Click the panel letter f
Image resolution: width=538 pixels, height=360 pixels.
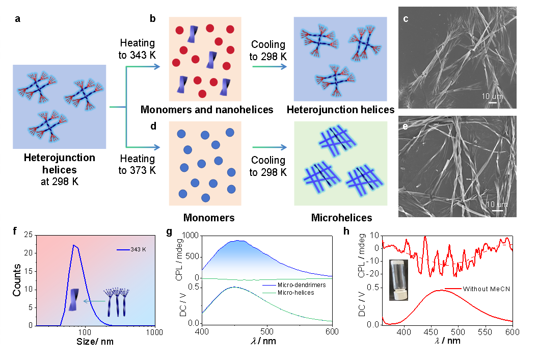point(15,231)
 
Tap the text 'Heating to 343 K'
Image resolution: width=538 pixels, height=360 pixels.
point(137,49)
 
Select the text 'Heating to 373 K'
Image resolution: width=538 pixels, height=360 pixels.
point(137,164)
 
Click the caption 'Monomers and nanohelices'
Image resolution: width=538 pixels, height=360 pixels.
point(207,110)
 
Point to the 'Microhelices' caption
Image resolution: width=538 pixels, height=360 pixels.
point(342,217)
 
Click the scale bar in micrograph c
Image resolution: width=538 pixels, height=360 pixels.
point(492,102)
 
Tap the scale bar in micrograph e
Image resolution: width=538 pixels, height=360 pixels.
point(497,210)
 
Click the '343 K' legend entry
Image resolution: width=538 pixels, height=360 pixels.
point(131,249)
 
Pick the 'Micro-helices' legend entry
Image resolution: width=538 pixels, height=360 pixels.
point(288,293)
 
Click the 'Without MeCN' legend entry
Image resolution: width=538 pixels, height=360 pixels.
point(477,289)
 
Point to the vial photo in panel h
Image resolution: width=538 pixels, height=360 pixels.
point(399,280)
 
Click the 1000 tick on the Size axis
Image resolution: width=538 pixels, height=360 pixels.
point(154,332)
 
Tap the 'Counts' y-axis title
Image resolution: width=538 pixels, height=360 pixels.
point(17,280)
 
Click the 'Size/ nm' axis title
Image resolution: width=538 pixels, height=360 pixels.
point(95,342)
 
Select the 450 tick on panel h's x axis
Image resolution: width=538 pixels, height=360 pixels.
point(431,332)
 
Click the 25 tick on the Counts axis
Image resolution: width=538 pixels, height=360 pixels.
point(29,235)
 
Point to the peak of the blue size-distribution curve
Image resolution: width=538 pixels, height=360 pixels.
point(73,245)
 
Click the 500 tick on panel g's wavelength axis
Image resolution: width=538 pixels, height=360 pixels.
point(267,331)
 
